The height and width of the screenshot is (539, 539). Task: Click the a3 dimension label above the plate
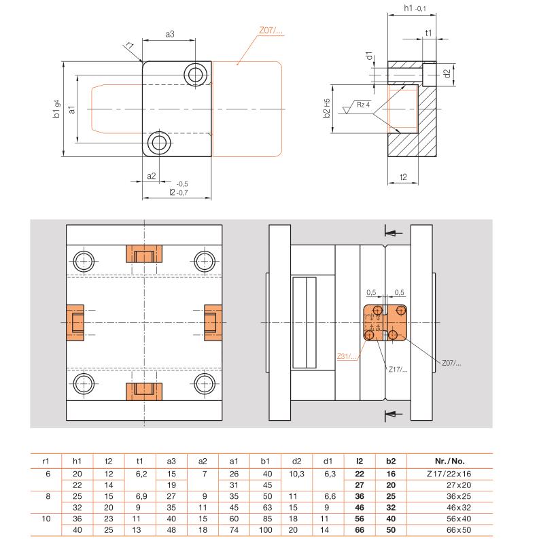click(x=170, y=34)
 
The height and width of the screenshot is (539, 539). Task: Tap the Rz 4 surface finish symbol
click(x=357, y=107)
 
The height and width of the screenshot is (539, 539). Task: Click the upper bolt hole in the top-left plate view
click(x=196, y=74)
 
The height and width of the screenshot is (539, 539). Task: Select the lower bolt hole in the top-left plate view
click(x=159, y=142)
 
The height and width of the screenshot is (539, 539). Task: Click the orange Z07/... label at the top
click(x=271, y=31)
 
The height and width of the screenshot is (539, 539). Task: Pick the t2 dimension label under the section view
click(x=403, y=177)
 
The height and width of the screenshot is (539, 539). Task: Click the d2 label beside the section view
click(x=446, y=73)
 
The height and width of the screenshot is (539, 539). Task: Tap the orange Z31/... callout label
click(x=347, y=356)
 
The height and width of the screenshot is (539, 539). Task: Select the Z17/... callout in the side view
click(x=398, y=370)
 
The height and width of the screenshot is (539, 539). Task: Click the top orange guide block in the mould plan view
click(x=144, y=254)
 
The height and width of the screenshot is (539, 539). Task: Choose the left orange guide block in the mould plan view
click(x=75, y=322)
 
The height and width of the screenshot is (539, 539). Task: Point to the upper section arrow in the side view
click(x=394, y=233)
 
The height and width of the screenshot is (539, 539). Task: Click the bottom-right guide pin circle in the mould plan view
click(x=205, y=384)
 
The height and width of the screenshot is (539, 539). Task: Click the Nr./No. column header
click(x=450, y=462)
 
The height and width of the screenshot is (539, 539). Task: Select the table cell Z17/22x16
click(x=449, y=474)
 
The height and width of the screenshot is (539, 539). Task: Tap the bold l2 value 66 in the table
click(x=360, y=530)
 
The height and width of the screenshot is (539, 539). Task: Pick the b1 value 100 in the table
click(x=265, y=530)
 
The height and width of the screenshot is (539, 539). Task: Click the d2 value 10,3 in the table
click(x=296, y=474)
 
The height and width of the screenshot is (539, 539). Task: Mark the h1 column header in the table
click(x=77, y=462)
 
